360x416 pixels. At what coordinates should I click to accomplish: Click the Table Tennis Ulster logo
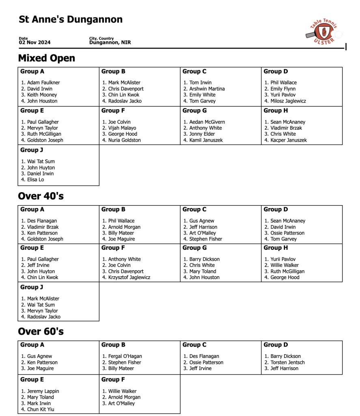pos(322,32)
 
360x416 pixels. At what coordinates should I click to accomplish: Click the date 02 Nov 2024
pos(34,43)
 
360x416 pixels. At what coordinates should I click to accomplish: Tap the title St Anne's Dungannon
pos(71,19)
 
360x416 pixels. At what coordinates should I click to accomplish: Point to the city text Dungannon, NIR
pos(110,43)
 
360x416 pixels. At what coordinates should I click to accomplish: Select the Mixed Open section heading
pos(47,58)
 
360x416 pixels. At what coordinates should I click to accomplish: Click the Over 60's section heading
pos(41,331)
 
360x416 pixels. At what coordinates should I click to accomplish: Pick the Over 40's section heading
pos(41,196)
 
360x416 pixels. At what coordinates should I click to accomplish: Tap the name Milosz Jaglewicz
pos(288,101)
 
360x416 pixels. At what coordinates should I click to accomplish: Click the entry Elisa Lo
pos(35,180)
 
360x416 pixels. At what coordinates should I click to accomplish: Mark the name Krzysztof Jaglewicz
pos(129,277)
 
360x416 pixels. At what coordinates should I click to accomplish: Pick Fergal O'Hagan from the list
pos(125,356)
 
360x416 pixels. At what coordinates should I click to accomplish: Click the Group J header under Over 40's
pos(32,287)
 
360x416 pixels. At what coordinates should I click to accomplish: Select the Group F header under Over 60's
pos(113,379)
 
